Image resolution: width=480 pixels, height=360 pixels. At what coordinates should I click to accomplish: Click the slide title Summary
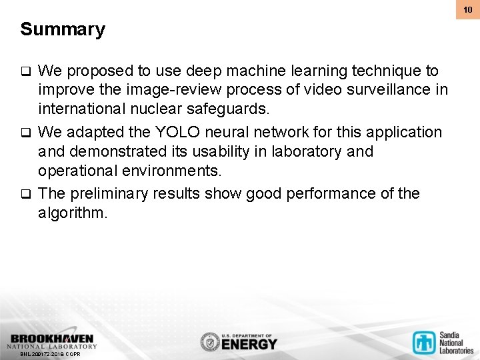[x=63, y=30]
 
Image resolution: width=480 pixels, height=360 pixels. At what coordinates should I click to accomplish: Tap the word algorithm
[x=71, y=213]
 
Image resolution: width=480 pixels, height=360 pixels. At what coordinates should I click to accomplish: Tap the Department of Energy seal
[x=209, y=342]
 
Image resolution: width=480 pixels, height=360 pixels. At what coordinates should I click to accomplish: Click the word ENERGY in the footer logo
[x=249, y=345]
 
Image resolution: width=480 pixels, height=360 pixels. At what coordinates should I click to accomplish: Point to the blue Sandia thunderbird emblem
[x=423, y=341]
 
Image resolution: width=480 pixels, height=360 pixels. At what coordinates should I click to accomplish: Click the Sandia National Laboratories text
[x=455, y=342]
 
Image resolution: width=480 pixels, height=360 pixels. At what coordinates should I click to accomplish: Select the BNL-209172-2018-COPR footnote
[x=50, y=354]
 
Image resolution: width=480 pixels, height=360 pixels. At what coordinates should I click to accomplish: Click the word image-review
[x=155, y=90]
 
